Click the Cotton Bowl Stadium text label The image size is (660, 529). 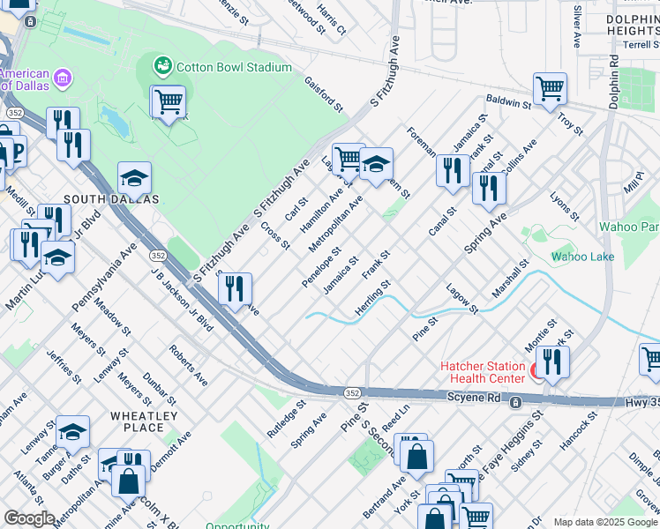click(233, 67)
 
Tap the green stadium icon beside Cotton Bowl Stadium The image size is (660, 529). click(162, 66)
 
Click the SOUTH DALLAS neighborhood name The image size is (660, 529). click(119, 199)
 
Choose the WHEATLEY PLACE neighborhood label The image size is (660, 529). click(144, 421)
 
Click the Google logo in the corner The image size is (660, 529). click(28, 518)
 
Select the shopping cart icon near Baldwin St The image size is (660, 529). click(550, 89)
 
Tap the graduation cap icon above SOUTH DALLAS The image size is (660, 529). click(134, 179)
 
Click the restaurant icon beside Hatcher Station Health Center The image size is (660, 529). click(552, 362)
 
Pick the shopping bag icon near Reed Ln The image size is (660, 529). click(417, 456)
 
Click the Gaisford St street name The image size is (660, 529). click(324, 93)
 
